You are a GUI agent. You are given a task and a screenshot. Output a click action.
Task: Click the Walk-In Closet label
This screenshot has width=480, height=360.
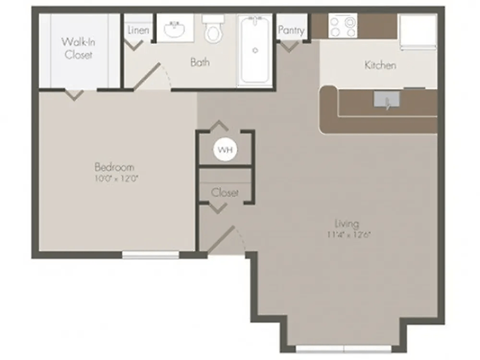point(77,48)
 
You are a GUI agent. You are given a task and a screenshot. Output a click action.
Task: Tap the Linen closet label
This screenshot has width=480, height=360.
point(138,31)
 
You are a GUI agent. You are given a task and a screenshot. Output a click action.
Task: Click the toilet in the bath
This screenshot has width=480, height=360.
point(212,31)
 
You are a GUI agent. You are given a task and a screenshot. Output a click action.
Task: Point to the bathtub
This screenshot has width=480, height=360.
point(254,49)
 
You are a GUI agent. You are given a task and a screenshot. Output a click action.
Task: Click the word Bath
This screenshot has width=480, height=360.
point(200,62)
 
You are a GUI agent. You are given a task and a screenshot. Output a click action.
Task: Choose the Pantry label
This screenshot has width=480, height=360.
point(292,31)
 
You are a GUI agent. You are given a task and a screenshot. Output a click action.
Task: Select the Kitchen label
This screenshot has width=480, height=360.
point(380,66)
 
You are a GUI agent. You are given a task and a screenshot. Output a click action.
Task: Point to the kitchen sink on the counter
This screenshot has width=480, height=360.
point(385,99)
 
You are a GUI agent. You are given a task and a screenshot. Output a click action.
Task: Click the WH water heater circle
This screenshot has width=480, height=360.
point(225,151)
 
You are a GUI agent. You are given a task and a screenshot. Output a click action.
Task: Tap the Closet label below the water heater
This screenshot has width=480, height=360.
point(225,191)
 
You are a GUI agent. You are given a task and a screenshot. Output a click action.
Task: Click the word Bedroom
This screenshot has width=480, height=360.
point(114,166)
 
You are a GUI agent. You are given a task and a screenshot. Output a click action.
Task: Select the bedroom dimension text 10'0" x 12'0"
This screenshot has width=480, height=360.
point(114,179)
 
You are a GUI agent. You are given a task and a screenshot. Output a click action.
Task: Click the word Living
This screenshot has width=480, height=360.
point(348,223)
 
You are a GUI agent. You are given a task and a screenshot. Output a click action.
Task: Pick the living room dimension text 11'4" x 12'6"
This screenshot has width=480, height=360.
point(348,236)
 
